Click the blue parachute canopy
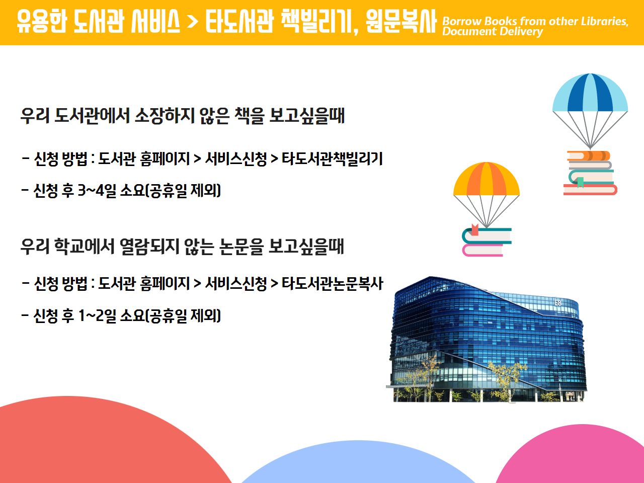tap(590, 93)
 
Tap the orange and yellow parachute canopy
tap(487, 179)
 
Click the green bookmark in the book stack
tap(580, 183)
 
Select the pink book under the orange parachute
tap(482, 251)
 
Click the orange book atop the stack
tap(589, 156)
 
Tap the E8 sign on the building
tap(558, 303)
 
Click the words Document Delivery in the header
tap(493, 32)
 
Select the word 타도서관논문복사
tap(332, 284)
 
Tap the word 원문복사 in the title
tap(401, 21)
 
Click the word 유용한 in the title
tap(42, 21)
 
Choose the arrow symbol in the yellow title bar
tap(193, 21)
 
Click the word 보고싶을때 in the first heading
tap(307, 116)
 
